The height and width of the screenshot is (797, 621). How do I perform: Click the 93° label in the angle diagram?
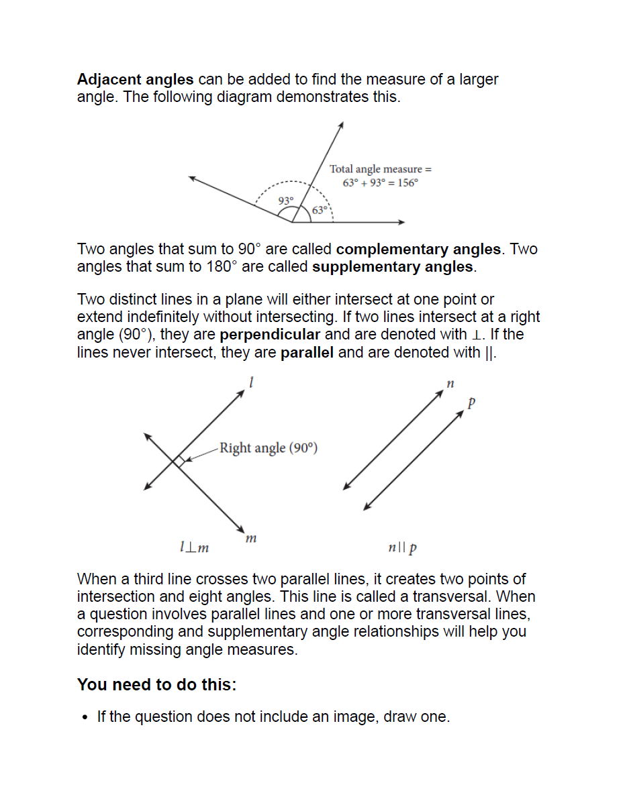click(286, 201)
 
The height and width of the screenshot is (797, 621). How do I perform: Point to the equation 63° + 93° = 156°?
click(380, 183)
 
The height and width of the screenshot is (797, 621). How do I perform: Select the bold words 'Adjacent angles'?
click(135, 79)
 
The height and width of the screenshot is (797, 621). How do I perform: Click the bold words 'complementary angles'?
click(418, 250)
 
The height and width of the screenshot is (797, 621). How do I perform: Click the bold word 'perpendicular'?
click(270, 335)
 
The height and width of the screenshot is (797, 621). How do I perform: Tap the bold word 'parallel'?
click(307, 352)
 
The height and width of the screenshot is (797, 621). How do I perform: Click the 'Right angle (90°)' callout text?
click(268, 447)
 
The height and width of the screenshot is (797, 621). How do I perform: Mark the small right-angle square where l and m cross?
click(179, 461)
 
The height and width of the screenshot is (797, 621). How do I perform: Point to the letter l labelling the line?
click(250, 382)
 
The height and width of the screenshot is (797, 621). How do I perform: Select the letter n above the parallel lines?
click(450, 384)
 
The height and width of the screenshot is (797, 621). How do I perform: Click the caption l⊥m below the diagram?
click(195, 548)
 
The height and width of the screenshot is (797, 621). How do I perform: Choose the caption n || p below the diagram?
click(402, 548)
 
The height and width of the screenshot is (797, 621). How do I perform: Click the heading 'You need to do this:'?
click(156, 685)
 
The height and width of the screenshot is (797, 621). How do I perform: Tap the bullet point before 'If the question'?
click(84, 718)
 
